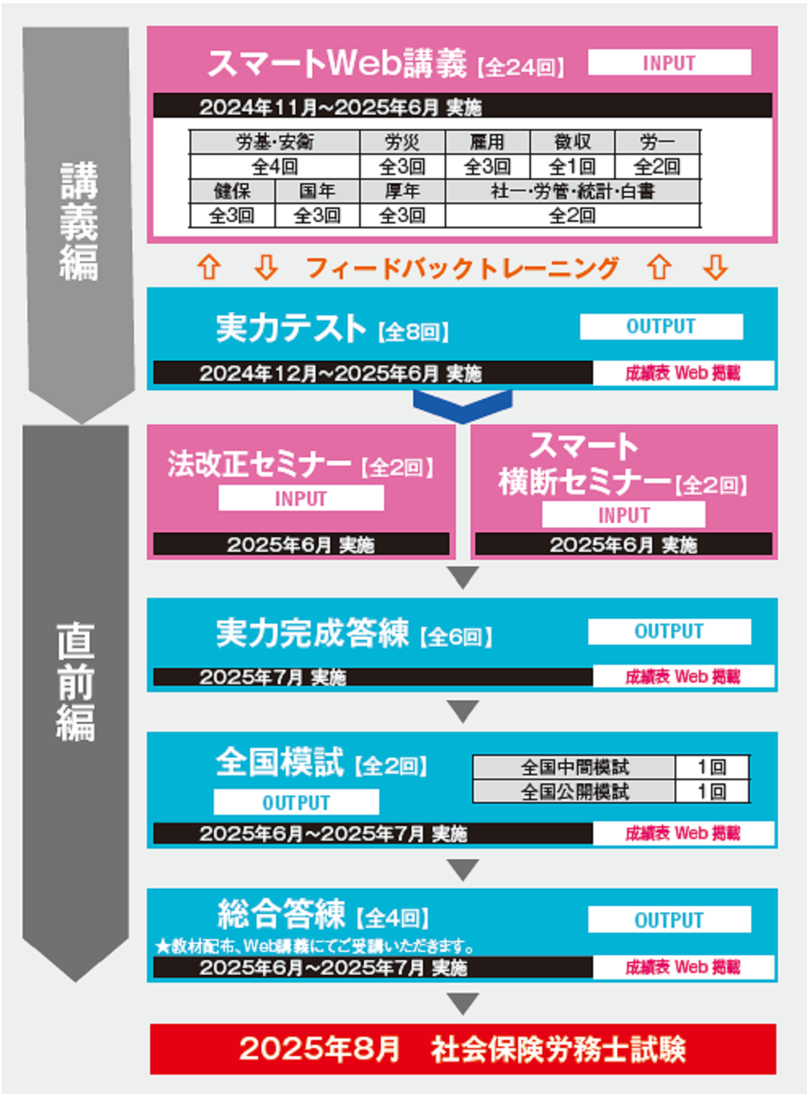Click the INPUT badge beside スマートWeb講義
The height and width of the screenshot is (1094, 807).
tap(669, 63)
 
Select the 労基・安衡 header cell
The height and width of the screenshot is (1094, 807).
tap(274, 142)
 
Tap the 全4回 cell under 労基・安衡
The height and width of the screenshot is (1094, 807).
tap(274, 167)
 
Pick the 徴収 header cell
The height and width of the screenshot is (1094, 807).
tap(572, 142)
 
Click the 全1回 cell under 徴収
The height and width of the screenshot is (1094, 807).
tap(572, 167)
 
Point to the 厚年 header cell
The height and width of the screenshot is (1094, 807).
tap(402, 191)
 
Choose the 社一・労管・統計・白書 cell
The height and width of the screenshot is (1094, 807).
tap(572, 191)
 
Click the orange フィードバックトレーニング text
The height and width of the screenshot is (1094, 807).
tap(462, 268)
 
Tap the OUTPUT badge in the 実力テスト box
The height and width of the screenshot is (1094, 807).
tap(661, 327)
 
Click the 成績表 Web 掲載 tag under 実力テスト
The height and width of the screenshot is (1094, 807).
tap(683, 373)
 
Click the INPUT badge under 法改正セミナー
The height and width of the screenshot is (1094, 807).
tap(300, 499)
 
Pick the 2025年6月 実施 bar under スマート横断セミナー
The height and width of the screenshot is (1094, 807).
tap(623, 545)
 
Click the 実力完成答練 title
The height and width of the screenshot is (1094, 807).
tap(312, 633)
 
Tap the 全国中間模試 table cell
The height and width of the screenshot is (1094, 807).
tap(574, 766)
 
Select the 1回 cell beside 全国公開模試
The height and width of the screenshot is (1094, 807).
tap(712, 791)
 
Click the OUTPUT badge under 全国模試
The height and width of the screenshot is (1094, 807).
tap(296, 802)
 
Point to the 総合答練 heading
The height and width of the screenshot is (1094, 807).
tap(281, 914)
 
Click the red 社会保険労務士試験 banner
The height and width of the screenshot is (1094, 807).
tap(462, 1049)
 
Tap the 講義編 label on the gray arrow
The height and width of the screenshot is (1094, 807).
tap(78, 220)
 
